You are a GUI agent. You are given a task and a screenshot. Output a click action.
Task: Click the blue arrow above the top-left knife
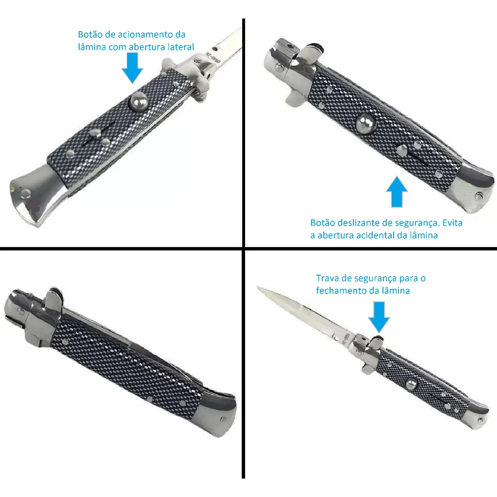[x=133, y=68]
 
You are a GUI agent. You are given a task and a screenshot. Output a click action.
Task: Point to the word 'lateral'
[x=180, y=47]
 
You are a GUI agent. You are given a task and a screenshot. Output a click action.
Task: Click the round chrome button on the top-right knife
[x=364, y=122]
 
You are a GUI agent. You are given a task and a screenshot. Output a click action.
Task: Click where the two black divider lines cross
[x=243, y=249]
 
